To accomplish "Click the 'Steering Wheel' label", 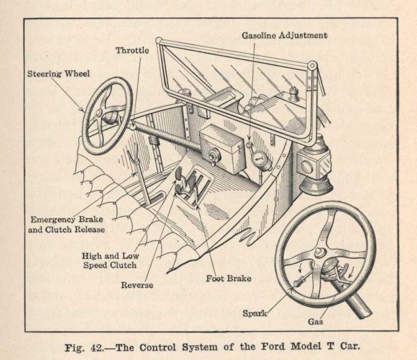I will (59, 74).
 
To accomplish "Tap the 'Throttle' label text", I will (132, 50).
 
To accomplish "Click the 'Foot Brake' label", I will (228, 278).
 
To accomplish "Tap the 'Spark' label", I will (254, 313).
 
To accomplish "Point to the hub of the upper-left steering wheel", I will (110, 116).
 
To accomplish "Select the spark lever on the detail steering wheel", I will (296, 283).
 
